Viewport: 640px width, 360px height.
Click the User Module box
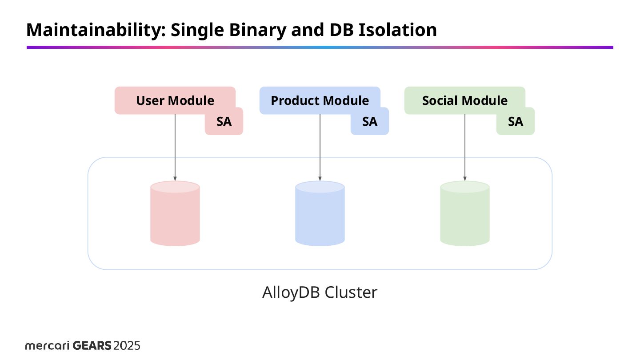tap(175, 100)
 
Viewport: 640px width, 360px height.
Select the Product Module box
tap(320, 100)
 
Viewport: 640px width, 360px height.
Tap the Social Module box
tap(464, 100)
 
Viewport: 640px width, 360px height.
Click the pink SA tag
tap(224, 122)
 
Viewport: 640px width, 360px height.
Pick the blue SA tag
tap(369, 122)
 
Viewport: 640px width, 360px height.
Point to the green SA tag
tap(515, 122)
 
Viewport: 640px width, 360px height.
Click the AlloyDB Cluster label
tap(320, 292)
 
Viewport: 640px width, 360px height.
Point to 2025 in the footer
tap(127, 346)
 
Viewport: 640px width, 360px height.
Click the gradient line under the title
tap(320, 47)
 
